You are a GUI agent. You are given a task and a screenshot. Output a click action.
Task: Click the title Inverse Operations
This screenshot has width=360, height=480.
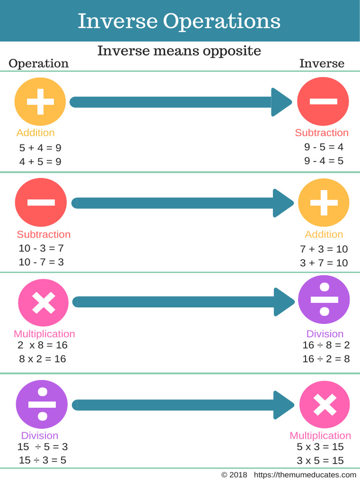point(179,22)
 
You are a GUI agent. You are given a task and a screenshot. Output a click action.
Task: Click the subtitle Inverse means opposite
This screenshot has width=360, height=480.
point(179,51)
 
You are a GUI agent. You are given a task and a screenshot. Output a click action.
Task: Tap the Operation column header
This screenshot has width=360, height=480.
point(38,64)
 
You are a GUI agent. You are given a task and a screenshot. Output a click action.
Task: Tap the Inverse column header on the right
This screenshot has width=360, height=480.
point(322,63)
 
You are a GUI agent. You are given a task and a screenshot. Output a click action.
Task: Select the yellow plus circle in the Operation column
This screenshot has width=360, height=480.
point(40,102)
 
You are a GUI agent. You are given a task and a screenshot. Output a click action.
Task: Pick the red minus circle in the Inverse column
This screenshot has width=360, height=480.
point(323,101)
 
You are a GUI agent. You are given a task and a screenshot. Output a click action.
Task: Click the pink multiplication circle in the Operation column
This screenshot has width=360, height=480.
point(43,302)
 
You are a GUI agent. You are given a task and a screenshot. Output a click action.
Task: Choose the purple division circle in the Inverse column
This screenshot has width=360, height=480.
point(324,300)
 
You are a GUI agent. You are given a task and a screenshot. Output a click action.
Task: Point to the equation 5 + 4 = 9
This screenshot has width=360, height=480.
point(40,148)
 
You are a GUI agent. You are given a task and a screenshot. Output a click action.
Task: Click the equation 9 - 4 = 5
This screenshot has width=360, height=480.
point(323,161)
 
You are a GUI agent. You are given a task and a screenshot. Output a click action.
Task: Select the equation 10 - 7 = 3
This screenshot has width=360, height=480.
point(41,262)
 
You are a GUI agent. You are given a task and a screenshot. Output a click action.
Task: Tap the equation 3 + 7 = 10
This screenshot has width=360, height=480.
point(324,262)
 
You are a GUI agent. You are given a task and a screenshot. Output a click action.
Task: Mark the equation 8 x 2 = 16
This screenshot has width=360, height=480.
point(43,359)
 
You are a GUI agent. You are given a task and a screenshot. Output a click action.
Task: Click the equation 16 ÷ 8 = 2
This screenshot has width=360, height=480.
point(326,345)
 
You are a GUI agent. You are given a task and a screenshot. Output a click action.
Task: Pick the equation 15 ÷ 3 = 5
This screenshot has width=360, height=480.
point(43,460)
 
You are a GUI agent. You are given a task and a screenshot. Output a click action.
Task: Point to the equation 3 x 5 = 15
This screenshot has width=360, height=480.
point(320,460)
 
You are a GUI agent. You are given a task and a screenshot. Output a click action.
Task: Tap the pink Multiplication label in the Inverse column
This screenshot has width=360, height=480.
point(320,435)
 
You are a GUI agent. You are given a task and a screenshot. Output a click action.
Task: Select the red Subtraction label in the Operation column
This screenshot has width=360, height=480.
point(44,234)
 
